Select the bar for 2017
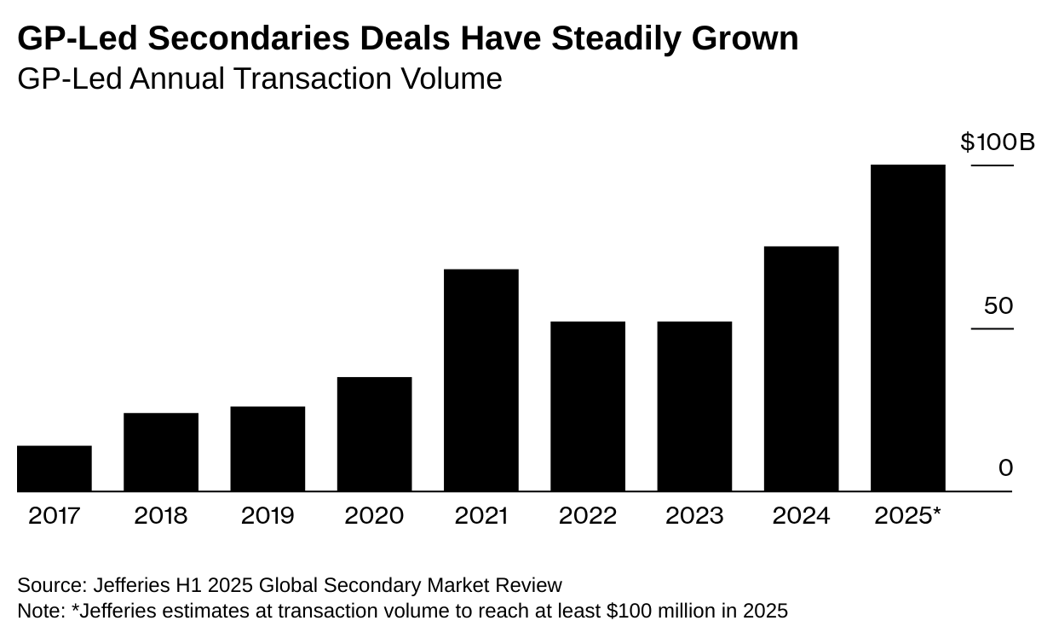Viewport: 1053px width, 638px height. tap(55, 468)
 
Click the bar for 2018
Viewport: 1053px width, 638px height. tap(161, 452)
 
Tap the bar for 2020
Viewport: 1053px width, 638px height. tap(374, 434)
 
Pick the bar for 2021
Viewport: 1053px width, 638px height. tap(481, 380)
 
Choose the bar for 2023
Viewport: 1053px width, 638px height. tap(694, 406)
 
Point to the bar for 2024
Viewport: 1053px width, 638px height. tap(801, 368)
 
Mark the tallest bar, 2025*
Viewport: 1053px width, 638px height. tap(908, 328)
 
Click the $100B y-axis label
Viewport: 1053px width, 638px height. tap(998, 142)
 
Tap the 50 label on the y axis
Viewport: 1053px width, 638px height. tap(998, 305)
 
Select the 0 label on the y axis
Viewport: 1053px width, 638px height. tap(1005, 467)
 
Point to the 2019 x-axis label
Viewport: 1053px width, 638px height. tap(268, 516)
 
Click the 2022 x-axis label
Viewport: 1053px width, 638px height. tap(588, 516)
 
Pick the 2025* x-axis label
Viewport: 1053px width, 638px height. tap(908, 516)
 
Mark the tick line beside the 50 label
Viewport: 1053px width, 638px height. tap(993, 329)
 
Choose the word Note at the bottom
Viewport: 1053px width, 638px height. tap(37, 612)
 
